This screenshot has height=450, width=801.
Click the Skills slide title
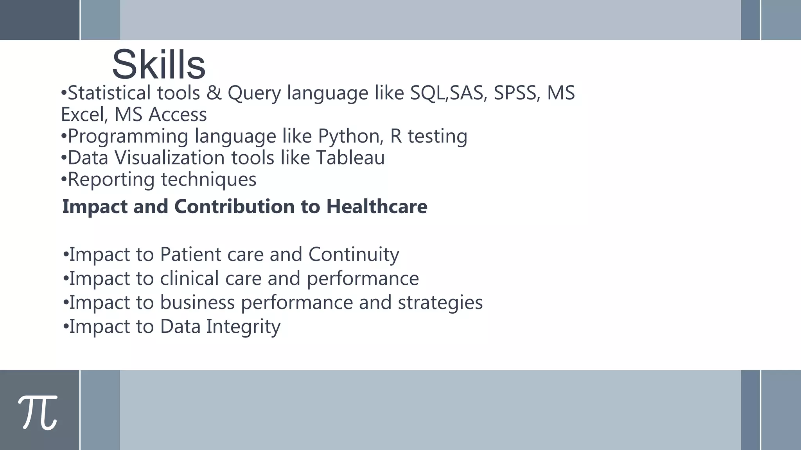click(158, 64)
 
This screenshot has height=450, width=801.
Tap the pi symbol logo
click(38, 412)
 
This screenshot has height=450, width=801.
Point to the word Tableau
click(350, 158)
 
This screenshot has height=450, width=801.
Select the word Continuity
click(354, 255)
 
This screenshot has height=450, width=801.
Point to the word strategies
click(440, 303)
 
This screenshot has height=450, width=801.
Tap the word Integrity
click(243, 327)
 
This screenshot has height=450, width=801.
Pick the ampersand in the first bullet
click(214, 93)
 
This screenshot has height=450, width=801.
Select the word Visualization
click(170, 158)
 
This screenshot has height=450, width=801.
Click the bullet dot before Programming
click(64, 136)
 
